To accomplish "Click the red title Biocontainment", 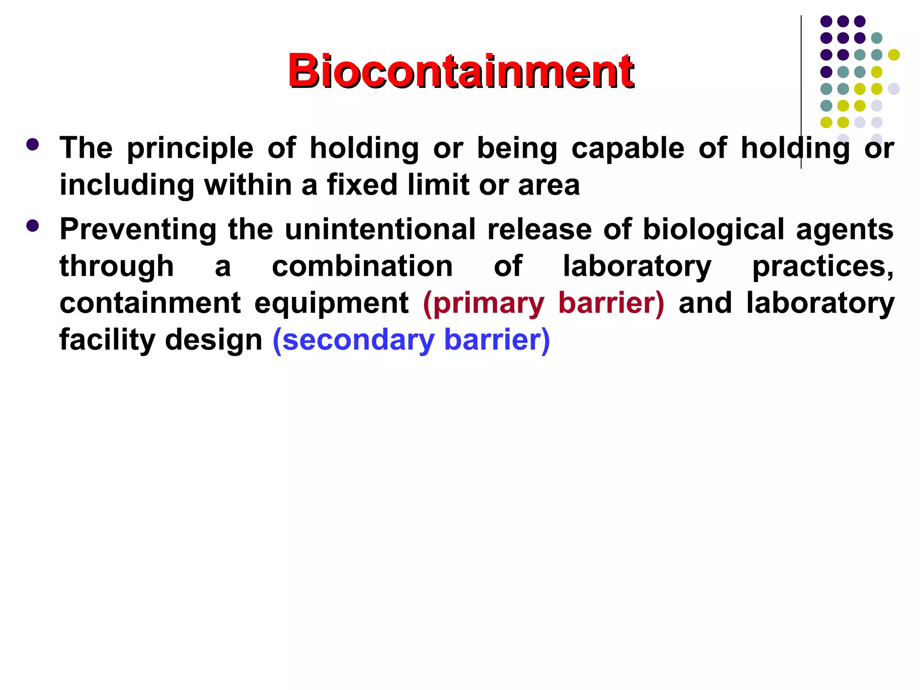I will click(460, 71).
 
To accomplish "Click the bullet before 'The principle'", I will click(33, 145).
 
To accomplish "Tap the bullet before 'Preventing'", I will click(33, 226).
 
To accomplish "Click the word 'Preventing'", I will click(138, 230).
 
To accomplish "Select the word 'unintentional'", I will click(380, 229).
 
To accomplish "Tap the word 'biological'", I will click(713, 230).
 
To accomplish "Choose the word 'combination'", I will click(362, 266).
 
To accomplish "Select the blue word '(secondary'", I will click(353, 340).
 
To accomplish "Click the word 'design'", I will click(213, 340).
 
